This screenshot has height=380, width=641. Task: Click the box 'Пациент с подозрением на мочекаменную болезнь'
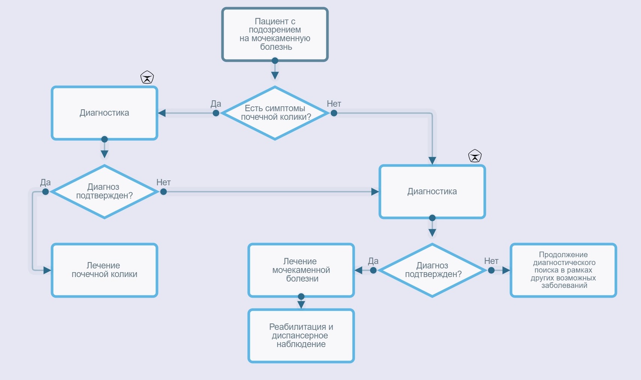click(x=275, y=34)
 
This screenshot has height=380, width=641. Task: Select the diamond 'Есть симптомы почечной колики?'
click(x=275, y=113)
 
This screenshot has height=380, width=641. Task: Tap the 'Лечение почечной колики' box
click(x=105, y=270)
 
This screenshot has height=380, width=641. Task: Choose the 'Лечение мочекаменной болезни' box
click(x=301, y=270)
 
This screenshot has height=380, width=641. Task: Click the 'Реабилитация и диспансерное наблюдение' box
click(x=301, y=336)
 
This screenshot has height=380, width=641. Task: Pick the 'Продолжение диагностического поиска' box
click(x=563, y=270)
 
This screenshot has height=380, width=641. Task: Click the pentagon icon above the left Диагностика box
click(x=147, y=77)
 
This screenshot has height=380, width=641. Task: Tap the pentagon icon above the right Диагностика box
click(x=475, y=156)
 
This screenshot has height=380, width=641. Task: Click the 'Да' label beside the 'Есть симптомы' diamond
click(x=216, y=103)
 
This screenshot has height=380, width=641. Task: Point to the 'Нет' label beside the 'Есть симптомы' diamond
click(x=334, y=103)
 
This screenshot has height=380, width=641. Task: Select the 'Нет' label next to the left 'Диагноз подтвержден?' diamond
click(x=163, y=182)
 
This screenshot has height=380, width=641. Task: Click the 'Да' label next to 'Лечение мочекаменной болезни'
click(x=373, y=261)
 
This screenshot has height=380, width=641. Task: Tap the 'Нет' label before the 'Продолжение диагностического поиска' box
click(x=492, y=261)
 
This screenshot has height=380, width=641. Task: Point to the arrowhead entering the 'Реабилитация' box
click(x=301, y=305)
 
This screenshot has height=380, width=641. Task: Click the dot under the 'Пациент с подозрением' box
click(x=275, y=61)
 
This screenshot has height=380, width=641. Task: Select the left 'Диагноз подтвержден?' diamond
click(x=105, y=192)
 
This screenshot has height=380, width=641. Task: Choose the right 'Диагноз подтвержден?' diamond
click(x=432, y=270)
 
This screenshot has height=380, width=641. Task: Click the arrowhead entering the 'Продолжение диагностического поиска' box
click(x=506, y=270)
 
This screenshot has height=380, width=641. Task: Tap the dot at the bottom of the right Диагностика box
click(x=432, y=218)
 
